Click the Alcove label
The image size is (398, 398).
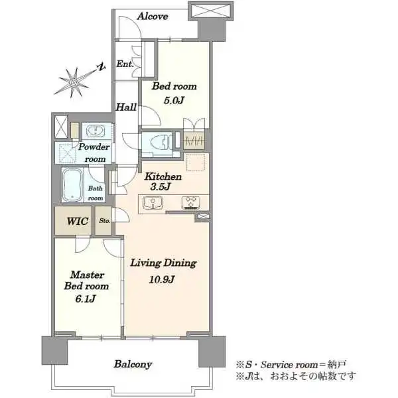[x=153, y=17]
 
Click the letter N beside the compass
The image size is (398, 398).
[x=101, y=67]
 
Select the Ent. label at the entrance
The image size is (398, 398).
[x=125, y=64]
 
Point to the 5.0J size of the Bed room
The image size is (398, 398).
[x=174, y=101]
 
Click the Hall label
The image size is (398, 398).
[x=126, y=107]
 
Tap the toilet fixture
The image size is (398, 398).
[x=161, y=141]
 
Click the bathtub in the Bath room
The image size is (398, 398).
[x=72, y=184]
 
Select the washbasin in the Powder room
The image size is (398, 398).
[x=95, y=131]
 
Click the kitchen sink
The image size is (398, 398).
[x=153, y=202]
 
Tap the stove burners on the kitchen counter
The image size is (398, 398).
[x=191, y=202]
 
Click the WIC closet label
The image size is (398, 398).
[x=78, y=221]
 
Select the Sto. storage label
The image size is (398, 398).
[x=104, y=221]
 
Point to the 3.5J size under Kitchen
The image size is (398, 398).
[x=160, y=187]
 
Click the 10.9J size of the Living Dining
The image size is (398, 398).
[x=162, y=280]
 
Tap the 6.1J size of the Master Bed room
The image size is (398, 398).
[x=86, y=298]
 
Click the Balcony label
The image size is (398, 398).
[x=133, y=364]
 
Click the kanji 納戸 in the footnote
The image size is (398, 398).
[x=337, y=364]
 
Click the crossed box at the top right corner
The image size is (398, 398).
[x=210, y=11]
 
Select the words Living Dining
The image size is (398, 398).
[x=163, y=263]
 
